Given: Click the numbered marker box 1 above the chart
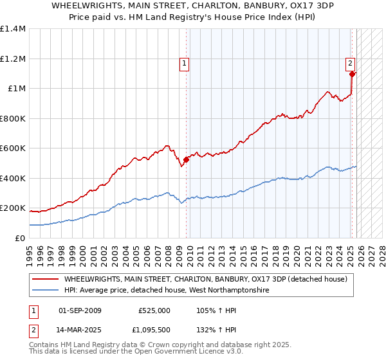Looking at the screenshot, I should (x=184, y=63).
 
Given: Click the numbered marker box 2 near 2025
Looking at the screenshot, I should (x=350, y=63).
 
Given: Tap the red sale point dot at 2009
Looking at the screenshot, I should (x=186, y=159).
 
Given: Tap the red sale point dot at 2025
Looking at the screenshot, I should (x=353, y=74).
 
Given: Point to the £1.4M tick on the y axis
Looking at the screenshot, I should (x=13, y=29).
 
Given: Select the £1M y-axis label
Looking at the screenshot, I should (x=16, y=89).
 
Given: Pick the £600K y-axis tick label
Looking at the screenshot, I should (x=13, y=148).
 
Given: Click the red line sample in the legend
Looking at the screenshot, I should (x=45, y=279).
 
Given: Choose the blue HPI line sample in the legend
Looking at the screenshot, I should (x=45, y=291).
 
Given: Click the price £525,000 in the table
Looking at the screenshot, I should (x=154, y=310).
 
